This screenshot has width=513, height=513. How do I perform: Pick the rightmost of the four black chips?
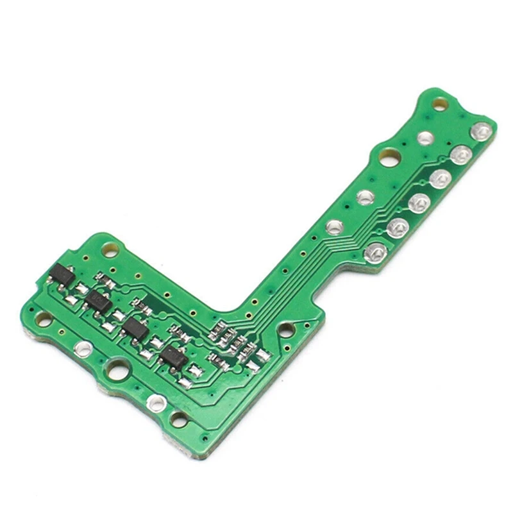coord(174,357)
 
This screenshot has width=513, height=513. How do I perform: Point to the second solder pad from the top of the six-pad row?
coord(459,154)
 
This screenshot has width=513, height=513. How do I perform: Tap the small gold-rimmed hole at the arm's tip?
coord(440,103)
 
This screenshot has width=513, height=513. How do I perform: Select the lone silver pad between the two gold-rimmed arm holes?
coord(424,137)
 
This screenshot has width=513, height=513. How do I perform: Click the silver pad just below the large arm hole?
coord(365,198)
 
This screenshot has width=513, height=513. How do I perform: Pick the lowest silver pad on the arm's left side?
coord(333,226)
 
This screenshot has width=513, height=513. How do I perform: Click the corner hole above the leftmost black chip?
coord(110,246)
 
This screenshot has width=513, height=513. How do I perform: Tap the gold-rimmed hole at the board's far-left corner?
coord(44,318)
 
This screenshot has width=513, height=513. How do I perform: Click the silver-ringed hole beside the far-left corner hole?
coord(81,348)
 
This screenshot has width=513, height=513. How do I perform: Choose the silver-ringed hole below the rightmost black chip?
coord(156,403)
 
